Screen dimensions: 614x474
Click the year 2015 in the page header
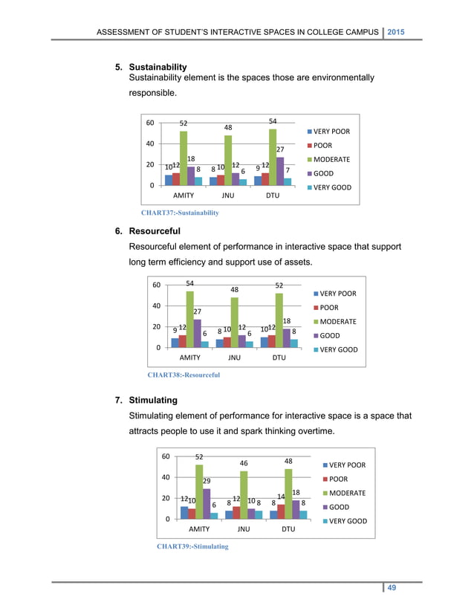coord(402,32)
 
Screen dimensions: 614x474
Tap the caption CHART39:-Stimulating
coord(192,546)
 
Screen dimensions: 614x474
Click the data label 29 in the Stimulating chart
coord(207,481)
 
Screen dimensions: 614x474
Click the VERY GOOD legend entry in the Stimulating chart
coord(342,521)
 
